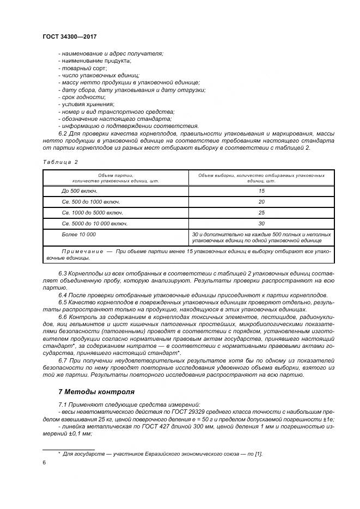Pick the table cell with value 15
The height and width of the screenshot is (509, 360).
[261, 191]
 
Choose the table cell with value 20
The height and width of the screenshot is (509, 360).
[261, 202]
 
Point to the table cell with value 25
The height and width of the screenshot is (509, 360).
[261, 213]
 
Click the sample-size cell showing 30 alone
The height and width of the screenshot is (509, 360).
[261, 224]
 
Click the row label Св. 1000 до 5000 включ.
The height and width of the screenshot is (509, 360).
[92, 213]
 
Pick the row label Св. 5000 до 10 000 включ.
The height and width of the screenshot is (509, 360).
[95, 224]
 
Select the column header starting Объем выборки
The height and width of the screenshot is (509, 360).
[261, 177]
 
